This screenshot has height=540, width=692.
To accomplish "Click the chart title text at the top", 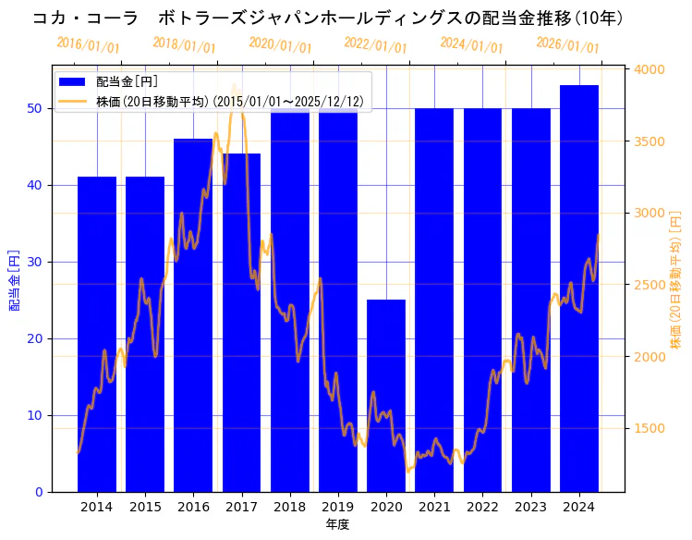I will tap(328, 18).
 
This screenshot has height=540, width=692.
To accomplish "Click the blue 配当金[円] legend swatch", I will tap(72, 82).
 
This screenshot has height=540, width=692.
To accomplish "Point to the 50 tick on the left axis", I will tap(34, 108).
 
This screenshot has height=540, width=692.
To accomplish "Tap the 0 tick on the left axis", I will tap(38, 492).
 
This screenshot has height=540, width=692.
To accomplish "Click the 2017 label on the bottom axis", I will tap(241, 508).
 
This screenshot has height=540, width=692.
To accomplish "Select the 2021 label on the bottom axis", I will tap(434, 508).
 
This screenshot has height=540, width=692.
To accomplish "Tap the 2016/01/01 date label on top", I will tap(88, 45).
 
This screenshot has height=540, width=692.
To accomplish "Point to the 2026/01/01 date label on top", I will tap(567, 45).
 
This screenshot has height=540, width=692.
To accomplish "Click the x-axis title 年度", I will tap(337, 525).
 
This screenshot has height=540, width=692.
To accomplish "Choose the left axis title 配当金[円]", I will tap(14, 279).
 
